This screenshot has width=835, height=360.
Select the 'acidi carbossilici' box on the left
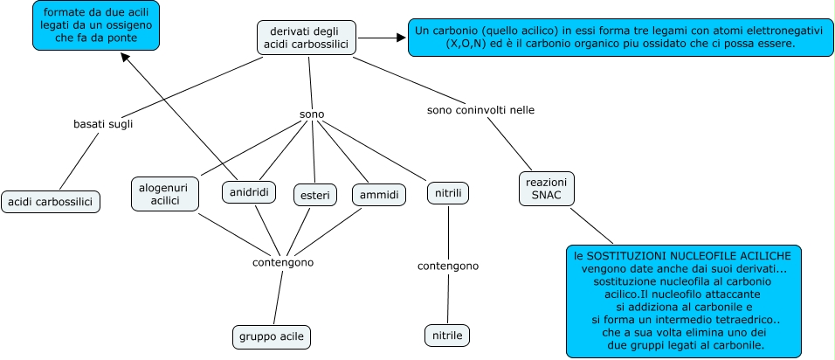51,202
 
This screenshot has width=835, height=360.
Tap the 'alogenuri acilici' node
165,193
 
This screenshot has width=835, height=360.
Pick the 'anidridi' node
248,192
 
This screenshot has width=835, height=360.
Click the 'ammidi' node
379,194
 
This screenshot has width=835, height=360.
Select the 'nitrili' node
448,192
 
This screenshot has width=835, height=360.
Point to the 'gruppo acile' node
272,336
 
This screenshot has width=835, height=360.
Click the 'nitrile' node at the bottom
447,335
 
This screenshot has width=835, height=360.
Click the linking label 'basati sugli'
103,124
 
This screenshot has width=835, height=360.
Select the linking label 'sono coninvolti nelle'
480,110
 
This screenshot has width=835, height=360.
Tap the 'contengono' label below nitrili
447,266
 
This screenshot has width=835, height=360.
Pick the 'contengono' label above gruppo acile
282,262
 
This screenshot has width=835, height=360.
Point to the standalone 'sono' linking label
312,114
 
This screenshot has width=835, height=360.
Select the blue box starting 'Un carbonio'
620,36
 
